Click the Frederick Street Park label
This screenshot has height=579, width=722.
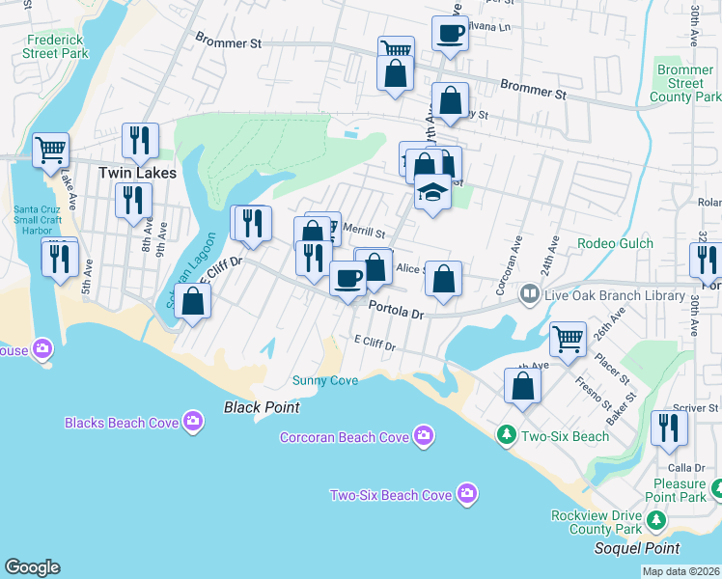click(55, 47)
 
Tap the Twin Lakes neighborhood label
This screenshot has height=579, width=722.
click(138, 173)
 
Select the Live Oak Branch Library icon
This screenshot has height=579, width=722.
click(529, 292)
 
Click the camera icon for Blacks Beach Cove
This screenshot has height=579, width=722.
click(193, 422)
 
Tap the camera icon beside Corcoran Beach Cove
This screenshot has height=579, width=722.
click(423, 437)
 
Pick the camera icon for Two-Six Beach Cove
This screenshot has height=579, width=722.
click(467, 494)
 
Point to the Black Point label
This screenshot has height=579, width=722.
click(262, 407)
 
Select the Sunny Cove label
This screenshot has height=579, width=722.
click(325, 380)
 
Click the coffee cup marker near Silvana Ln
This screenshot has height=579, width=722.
click(450, 33)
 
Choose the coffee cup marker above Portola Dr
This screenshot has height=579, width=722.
click(348, 278)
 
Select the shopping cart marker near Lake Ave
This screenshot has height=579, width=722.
click(50, 149)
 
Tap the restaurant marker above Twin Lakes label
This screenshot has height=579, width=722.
click(140, 141)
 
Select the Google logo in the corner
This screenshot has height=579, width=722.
click(32, 567)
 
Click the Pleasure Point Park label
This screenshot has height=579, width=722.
click(679, 490)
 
